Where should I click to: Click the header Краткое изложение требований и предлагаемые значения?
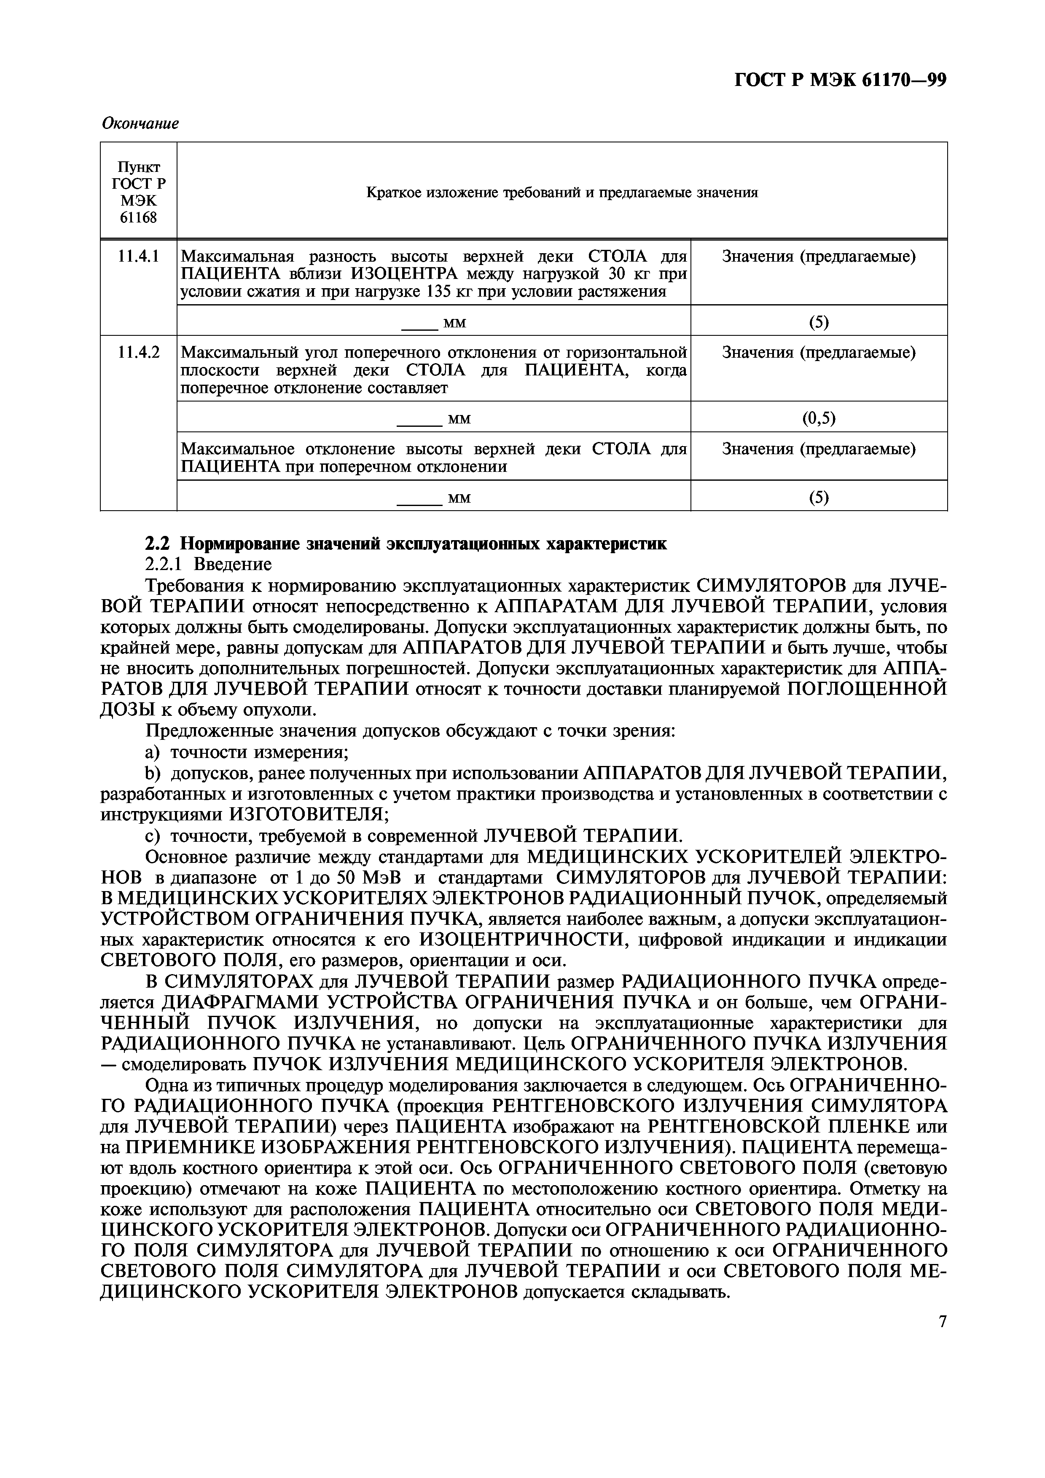(561, 192)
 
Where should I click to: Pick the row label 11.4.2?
(138, 353)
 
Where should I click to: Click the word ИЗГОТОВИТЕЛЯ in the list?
(308, 814)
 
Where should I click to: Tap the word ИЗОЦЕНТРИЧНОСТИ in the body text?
(523, 940)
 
